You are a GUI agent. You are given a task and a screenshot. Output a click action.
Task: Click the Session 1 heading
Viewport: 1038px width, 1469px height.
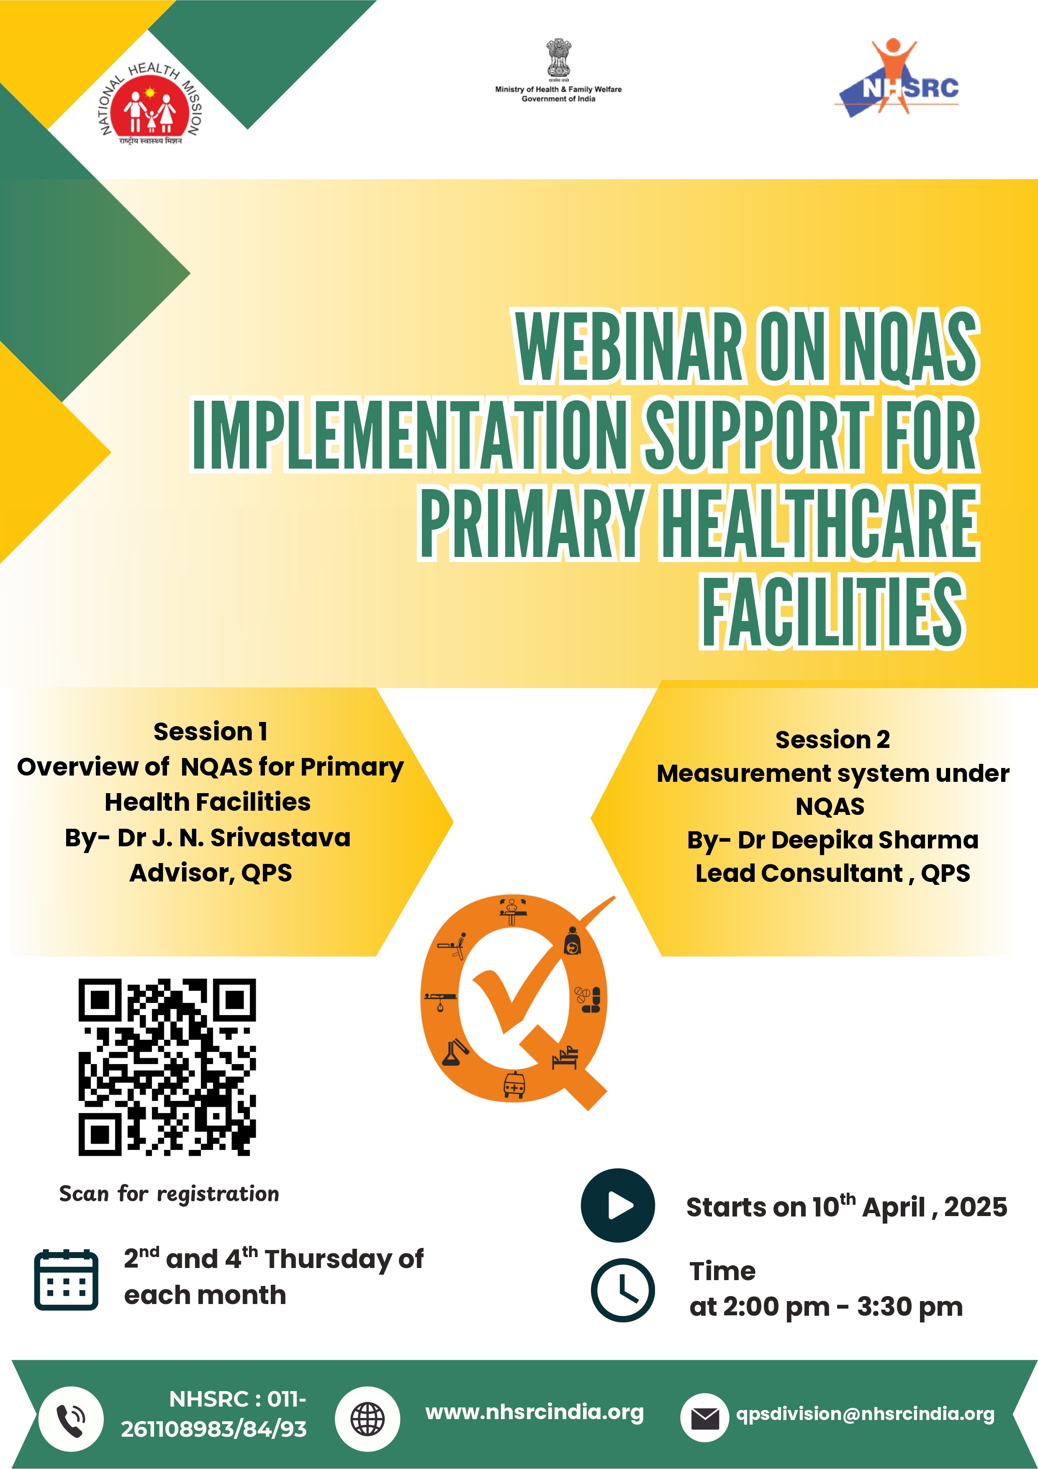tap(211, 731)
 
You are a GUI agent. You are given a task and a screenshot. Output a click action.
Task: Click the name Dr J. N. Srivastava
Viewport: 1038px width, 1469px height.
tap(234, 838)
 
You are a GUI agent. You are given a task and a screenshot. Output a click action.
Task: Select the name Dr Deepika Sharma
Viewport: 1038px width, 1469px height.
tap(858, 840)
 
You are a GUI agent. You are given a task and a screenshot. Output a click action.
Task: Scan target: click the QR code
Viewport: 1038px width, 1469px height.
tap(167, 1067)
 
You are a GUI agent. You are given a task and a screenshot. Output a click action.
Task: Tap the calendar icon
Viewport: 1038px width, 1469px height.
tap(66, 1280)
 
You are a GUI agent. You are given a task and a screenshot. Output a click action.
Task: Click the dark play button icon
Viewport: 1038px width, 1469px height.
tap(618, 1206)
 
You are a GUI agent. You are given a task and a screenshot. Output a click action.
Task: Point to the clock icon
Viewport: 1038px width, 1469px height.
tap(622, 1290)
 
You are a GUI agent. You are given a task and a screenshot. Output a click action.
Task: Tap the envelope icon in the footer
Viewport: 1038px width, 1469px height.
tap(705, 1418)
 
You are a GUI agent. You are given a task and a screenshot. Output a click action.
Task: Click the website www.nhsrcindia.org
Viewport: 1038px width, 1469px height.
tap(534, 1412)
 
